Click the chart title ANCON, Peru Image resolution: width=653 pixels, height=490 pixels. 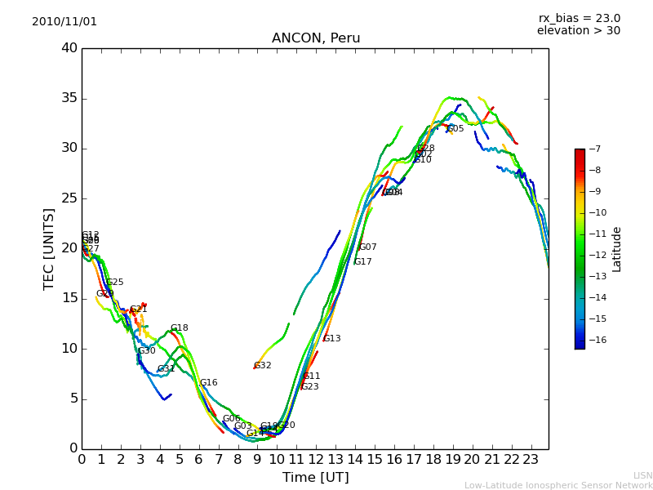316,38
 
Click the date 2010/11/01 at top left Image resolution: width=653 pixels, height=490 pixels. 64,21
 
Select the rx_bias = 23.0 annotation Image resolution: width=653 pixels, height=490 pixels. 579,18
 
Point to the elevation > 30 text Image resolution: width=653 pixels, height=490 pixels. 578,31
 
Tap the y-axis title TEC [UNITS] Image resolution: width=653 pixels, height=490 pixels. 49,249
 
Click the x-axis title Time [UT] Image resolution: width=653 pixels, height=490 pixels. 315,477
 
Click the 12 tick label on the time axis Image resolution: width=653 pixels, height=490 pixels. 316,460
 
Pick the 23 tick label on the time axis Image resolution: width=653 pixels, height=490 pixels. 531,460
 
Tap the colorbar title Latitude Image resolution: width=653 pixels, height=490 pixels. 617,249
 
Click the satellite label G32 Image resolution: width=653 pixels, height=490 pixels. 263,366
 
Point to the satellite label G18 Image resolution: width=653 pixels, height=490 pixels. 180,328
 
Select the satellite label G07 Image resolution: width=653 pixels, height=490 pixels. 368,247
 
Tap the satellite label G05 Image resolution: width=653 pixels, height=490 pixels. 455,129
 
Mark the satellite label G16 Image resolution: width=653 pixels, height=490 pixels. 209,383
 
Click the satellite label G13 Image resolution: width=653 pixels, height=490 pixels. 332,339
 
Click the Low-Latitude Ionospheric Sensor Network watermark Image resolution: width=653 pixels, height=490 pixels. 558,485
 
